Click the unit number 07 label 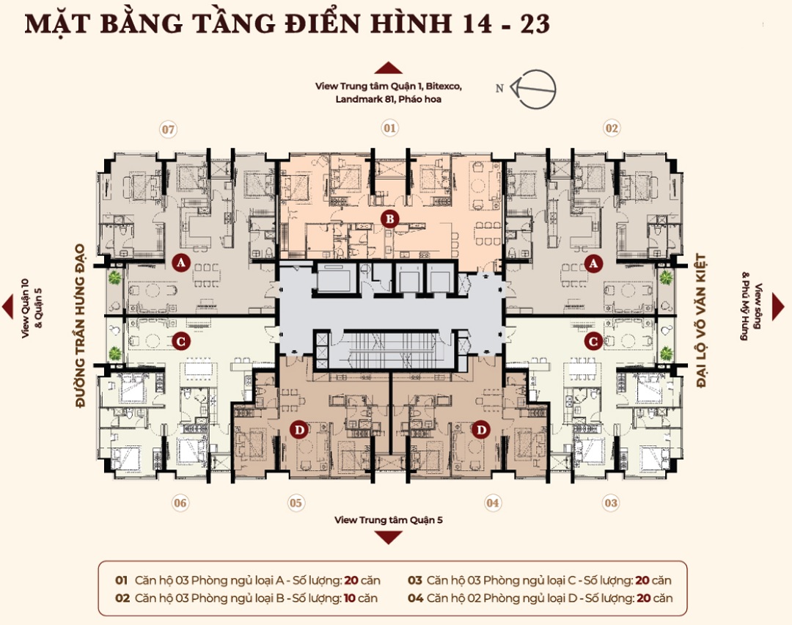click(169, 130)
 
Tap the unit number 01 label click(389, 128)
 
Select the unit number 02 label click(610, 128)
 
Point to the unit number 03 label click(610, 503)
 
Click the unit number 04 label click(493, 503)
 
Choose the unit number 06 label click(180, 503)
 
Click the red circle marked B click(390, 218)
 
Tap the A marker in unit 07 click(180, 262)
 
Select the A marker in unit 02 click(593, 262)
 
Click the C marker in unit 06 click(180, 340)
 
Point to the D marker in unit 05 click(298, 429)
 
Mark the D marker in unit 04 click(480, 429)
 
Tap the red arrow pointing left click(7, 307)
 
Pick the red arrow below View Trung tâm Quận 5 click(389, 538)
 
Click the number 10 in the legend click(351, 598)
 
